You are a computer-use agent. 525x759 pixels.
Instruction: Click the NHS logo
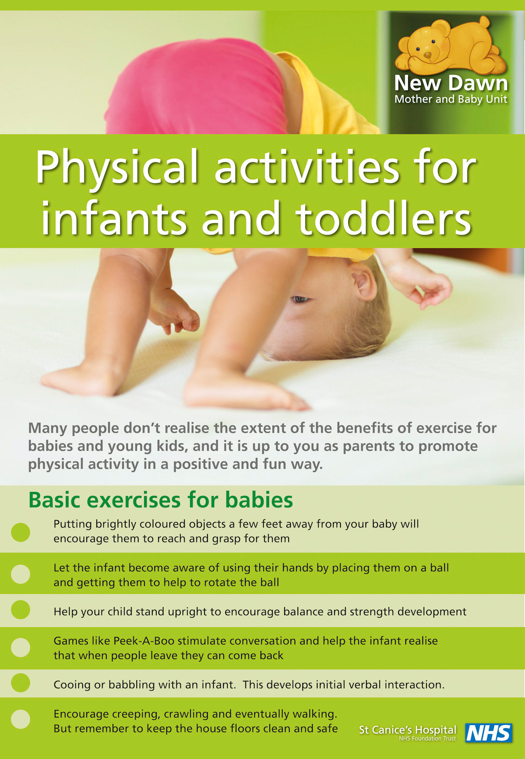pyautogui.click(x=489, y=733)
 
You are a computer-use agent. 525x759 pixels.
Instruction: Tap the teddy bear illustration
pyautogui.click(x=450, y=46)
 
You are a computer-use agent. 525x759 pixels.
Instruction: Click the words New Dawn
pyautogui.click(x=451, y=84)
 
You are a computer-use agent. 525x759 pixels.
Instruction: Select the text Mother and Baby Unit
pyautogui.click(x=451, y=99)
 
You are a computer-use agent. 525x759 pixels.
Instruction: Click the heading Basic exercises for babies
pyautogui.click(x=160, y=500)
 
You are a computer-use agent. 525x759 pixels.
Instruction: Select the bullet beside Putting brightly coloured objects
pyautogui.click(x=20, y=532)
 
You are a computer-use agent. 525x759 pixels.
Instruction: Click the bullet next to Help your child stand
pyautogui.click(x=20, y=610)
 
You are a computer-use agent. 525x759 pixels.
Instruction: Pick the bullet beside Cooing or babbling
pyautogui.click(x=20, y=683)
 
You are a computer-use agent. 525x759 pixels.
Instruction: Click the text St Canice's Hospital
pyautogui.click(x=408, y=730)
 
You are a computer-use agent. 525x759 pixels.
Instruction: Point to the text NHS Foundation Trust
pyautogui.click(x=427, y=739)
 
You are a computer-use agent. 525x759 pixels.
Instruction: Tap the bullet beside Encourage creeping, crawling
pyautogui.click(x=20, y=719)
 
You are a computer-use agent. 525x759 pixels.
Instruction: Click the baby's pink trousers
pyautogui.click(x=196, y=93)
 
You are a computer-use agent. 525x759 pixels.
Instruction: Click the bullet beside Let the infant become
pyautogui.click(x=20, y=574)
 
